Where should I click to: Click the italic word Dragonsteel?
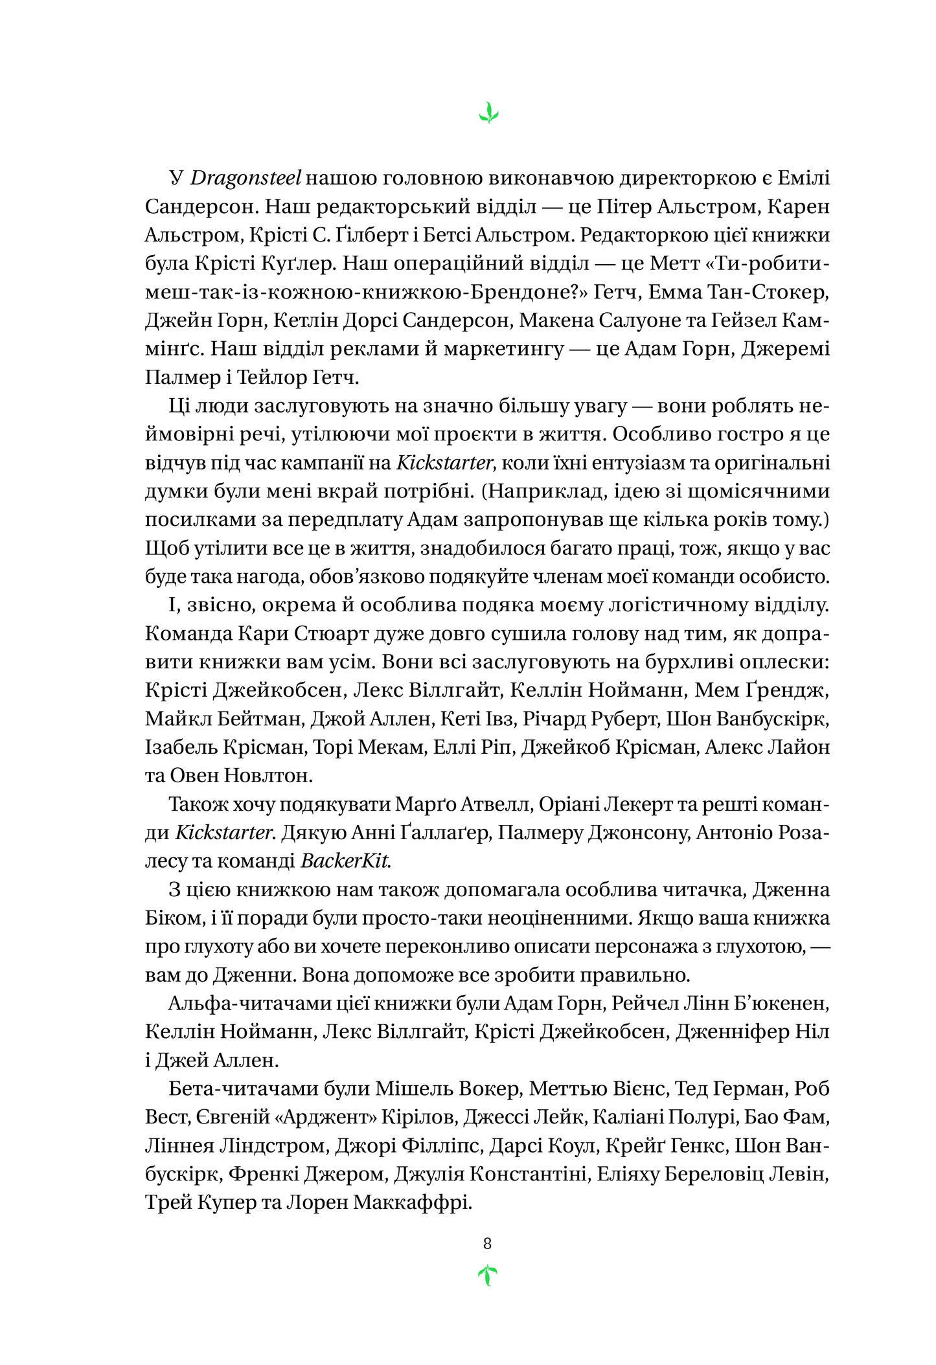(x=246, y=178)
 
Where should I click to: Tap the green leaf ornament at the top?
(x=488, y=113)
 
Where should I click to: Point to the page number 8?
(x=487, y=1243)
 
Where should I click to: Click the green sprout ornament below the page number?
(x=487, y=1276)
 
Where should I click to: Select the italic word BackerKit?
(x=345, y=861)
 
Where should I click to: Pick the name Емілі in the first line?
(x=803, y=178)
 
